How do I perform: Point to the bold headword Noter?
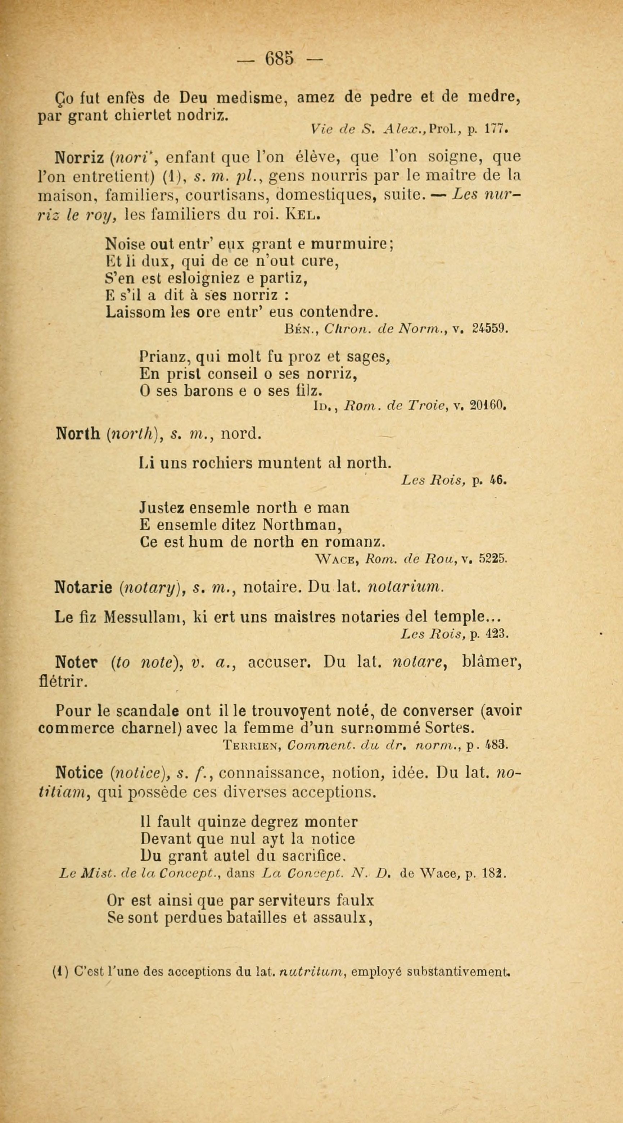76,663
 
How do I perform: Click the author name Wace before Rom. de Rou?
339,559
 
